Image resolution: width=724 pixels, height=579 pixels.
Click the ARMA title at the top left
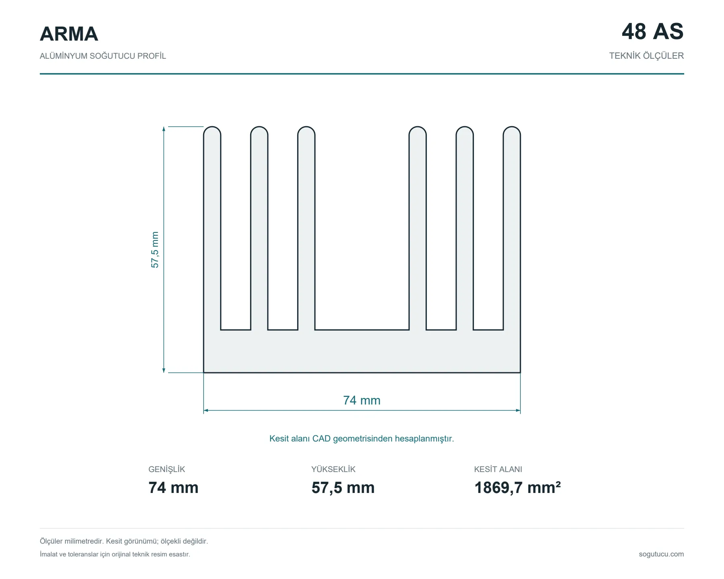point(69,34)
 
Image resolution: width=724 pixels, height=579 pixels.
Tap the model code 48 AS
point(652,31)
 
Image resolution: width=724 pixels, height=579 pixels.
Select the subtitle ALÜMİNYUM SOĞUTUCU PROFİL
point(103,56)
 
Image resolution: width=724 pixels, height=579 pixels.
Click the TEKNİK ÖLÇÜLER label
point(646,55)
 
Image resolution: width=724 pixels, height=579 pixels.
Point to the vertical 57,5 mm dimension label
point(155,250)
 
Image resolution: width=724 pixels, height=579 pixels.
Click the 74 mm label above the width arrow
point(362,400)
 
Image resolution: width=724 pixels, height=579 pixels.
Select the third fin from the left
point(306,228)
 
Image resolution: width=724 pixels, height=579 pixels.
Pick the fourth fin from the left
point(418,228)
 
